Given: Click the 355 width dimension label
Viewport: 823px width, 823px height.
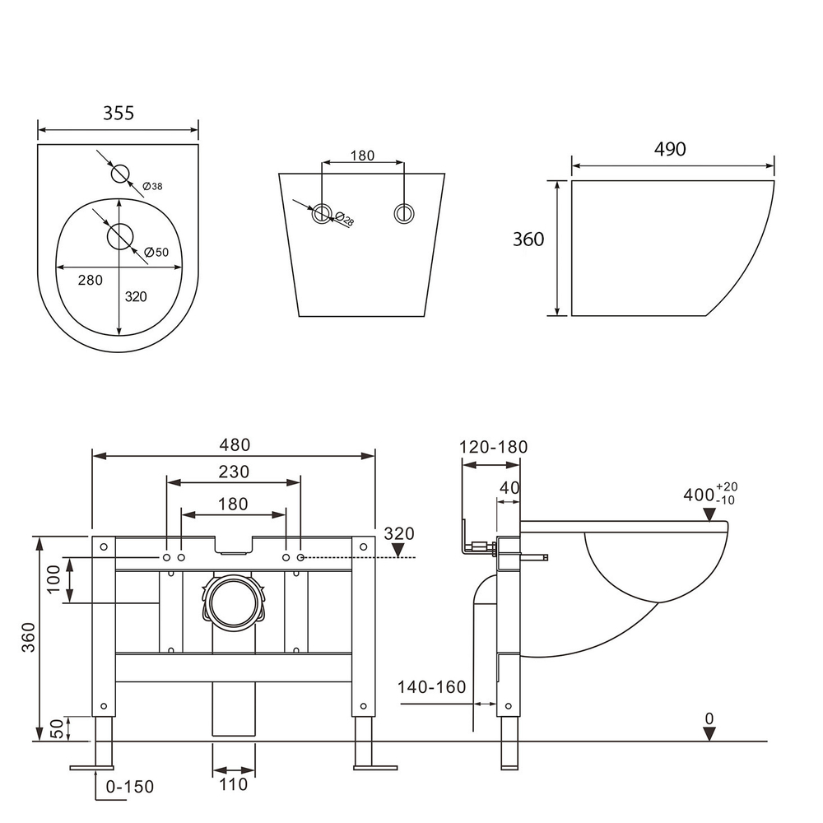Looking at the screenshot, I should pos(119,114).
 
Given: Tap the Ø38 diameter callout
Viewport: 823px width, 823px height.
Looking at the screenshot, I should pos(152,187).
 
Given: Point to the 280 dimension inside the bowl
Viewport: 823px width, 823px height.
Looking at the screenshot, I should pos(90,281).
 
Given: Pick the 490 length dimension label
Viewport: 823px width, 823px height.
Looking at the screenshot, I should pos(670,149).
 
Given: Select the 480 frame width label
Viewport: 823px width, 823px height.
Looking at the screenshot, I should pos(234,444).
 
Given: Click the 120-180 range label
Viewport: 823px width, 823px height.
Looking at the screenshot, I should pos(494,447).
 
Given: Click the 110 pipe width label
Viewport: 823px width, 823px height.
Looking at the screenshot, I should pos(234,784).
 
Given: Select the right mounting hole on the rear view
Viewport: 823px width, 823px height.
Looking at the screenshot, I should pos(403,212).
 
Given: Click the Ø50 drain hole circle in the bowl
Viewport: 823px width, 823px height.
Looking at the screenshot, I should pos(120,236).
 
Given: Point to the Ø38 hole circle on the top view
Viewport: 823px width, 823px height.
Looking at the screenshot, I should pos(120,174).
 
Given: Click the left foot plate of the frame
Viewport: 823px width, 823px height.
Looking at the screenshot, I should pos(91,768).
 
